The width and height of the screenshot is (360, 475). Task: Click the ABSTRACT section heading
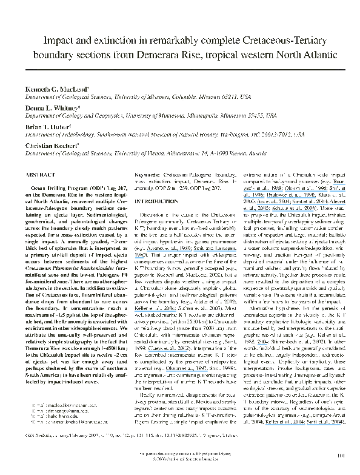39,173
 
